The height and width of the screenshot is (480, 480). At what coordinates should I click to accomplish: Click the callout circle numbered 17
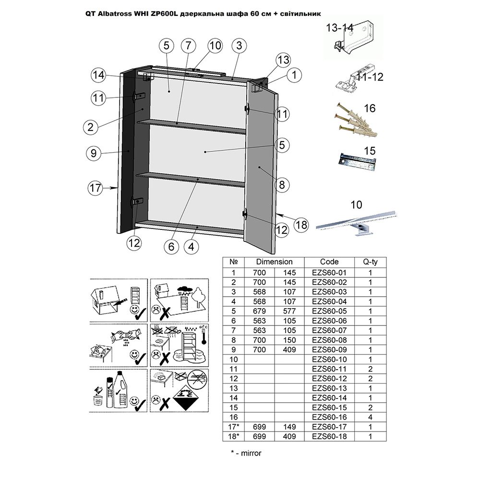point(96,188)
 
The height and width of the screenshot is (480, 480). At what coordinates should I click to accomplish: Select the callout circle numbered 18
point(300,224)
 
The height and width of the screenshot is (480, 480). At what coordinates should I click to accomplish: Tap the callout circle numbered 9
point(94,154)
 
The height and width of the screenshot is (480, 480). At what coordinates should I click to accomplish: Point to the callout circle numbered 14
point(99,75)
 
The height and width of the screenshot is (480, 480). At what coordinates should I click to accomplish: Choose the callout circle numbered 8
point(282,184)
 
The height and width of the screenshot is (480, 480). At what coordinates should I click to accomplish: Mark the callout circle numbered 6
point(170,247)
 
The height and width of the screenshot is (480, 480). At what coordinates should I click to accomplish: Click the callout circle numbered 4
point(192,247)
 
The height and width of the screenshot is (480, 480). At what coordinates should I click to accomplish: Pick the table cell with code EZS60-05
point(329,311)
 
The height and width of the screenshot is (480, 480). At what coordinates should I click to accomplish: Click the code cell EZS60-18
point(329,436)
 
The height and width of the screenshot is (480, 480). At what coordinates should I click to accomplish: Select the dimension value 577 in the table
point(290,311)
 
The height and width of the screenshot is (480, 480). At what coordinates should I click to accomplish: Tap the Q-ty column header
point(370,262)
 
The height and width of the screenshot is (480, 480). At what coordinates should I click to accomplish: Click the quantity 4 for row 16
point(370,417)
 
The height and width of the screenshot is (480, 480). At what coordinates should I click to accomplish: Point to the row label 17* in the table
point(234,427)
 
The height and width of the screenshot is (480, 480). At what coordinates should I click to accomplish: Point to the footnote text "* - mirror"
point(246,453)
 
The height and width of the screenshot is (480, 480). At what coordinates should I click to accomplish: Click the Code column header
point(329,262)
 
